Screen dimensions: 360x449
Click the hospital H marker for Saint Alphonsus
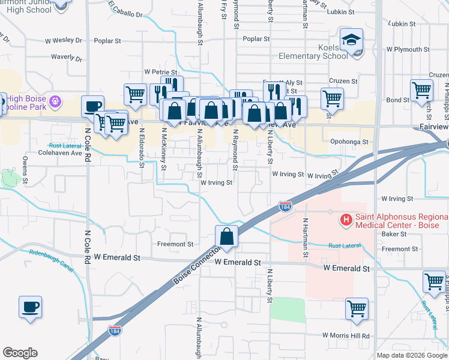pos(346,220)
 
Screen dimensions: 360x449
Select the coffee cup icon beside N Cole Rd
pos(92,106)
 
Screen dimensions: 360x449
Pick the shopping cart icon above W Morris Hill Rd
pos(357,308)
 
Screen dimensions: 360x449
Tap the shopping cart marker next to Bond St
pos(422,90)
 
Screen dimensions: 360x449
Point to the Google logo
pos(19,353)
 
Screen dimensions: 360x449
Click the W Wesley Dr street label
pos(63,41)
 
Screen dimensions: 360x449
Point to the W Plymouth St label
pos(410,49)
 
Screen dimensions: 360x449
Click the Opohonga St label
pos(348,142)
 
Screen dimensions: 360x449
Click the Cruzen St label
pos(343,81)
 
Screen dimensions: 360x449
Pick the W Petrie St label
pos(160,72)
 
